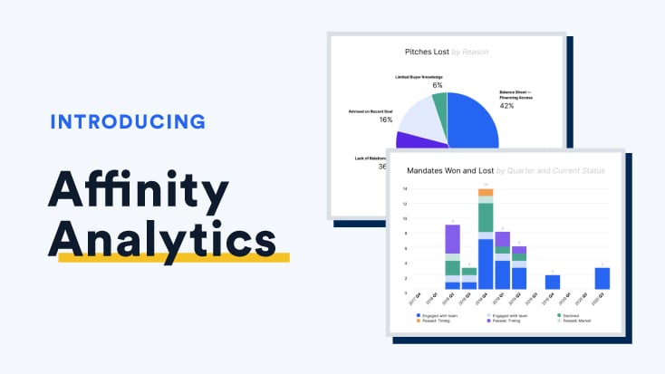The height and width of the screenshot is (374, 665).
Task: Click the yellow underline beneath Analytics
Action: click(x=172, y=258)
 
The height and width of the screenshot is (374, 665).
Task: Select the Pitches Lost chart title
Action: click(x=446, y=52)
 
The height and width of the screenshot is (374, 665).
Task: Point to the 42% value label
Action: click(x=506, y=106)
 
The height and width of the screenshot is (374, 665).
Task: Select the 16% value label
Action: click(x=386, y=120)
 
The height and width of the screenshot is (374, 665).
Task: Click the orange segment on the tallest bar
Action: click(x=486, y=192)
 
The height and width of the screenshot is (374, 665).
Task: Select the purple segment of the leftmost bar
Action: click(x=453, y=240)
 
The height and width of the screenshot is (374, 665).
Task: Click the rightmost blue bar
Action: click(x=602, y=278)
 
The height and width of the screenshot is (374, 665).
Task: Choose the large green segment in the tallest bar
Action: click(x=486, y=217)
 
